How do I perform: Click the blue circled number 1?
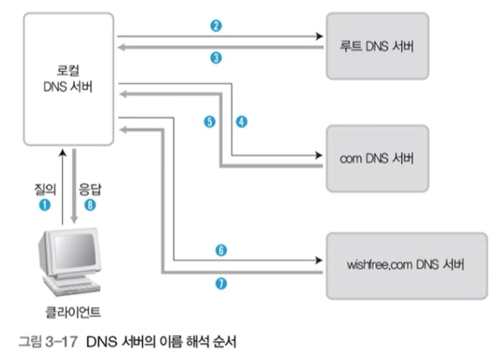click(45, 205)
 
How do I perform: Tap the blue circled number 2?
click(216, 26)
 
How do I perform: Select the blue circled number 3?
click(216, 58)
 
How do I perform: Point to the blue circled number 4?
click(242, 122)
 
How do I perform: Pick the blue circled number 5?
click(209, 122)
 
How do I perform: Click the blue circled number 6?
click(221, 251)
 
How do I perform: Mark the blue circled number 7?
click(221, 283)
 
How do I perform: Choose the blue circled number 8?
click(90, 205)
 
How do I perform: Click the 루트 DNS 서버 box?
click(377, 46)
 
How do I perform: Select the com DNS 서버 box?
click(377, 158)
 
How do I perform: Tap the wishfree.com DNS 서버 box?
click(407, 266)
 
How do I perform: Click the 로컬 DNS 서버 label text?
click(68, 79)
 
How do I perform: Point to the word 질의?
click(45, 190)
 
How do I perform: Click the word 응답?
click(90, 190)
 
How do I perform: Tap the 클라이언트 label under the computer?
click(73, 312)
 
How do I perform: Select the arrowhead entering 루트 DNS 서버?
click(319, 36)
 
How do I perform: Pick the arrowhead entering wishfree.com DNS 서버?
click(319, 260)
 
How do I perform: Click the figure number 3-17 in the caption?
click(62, 341)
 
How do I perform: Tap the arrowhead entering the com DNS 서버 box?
click(319, 156)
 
